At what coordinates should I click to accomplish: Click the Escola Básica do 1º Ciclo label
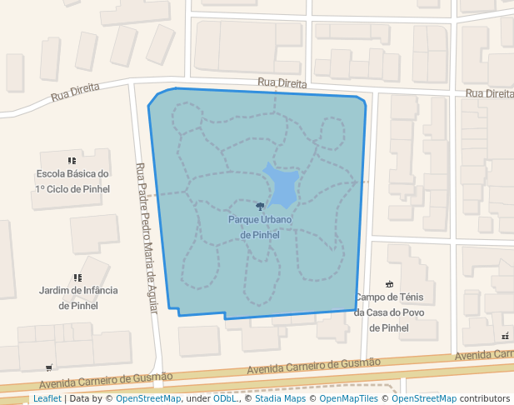pos(72,182)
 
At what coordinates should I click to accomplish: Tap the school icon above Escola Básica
pos(72,160)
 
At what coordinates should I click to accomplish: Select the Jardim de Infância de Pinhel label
pos(78,297)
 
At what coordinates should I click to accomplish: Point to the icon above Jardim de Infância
pos(77,277)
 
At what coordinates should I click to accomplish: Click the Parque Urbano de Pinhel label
pos(260,227)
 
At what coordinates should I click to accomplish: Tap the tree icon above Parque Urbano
pos(260,206)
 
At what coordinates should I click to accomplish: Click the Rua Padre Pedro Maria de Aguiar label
pos(147,237)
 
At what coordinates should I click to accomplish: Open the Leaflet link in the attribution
pos(47,398)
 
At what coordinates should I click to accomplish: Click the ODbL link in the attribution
pos(225,398)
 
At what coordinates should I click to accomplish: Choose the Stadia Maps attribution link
pos(280,398)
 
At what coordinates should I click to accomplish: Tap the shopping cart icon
pos(49,367)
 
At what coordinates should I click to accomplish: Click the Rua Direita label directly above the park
pos(282,83)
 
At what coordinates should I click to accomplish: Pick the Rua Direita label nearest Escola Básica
pos(75,91)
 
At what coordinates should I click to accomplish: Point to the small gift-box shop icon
pos(506,336)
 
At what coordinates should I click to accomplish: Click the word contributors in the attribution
pos(485,398)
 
